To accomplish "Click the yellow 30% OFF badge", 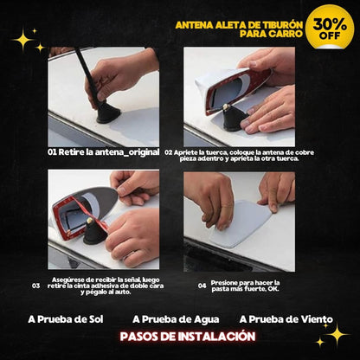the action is click(x=330, y=27).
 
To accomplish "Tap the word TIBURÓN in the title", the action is click(x=280, y=25).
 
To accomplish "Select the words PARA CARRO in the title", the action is click(x=271, y=34).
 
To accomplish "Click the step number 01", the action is click(x=52, y=152).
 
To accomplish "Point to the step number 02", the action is click(x=169, y=152).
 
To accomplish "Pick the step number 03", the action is click(x=36, y=286).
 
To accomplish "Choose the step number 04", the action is click(x=202, y=286).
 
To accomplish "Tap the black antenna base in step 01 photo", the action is click(x=108, y=112).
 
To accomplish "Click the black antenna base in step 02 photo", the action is click(x=235, y=119).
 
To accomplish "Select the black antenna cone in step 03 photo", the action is click(x=94, y=233).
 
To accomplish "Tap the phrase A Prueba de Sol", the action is click(x=66, y=319).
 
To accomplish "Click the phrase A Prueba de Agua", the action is click(x=176, y=319).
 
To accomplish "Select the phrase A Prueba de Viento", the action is click(x=286, y=319).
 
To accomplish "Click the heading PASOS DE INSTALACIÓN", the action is click(x=188, y=337).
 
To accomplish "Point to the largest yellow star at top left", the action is click(x=23, y=40).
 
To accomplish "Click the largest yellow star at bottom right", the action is click(x=337, y=335).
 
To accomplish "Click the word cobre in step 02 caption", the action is click(x=305, y=152).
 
